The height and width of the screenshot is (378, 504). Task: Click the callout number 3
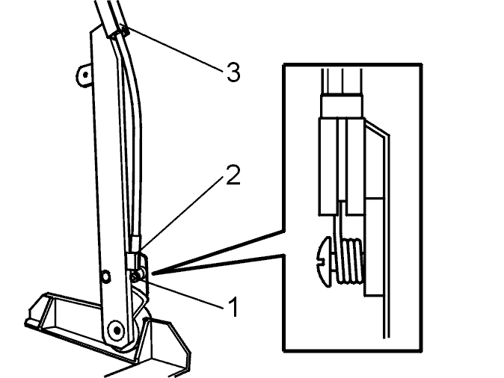click(233, 72)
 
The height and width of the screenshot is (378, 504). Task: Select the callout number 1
click(234, 307)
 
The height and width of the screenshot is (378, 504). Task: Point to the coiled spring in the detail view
click(351, 261)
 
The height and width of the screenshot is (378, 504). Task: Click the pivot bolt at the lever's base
click(117, 330)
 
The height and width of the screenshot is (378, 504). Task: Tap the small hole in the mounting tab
click(85, 75)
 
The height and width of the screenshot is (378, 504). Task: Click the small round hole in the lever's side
click(105, 276)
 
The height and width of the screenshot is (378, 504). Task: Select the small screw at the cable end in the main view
click(136, 276)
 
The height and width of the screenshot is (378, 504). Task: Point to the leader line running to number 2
click(182, 212)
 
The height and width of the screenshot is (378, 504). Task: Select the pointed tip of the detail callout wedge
click(152, 273)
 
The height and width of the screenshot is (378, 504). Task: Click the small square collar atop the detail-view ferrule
click(342, 106)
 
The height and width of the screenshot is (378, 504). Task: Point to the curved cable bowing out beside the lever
click(131, 135)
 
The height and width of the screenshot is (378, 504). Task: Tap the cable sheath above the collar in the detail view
click(342, 81)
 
